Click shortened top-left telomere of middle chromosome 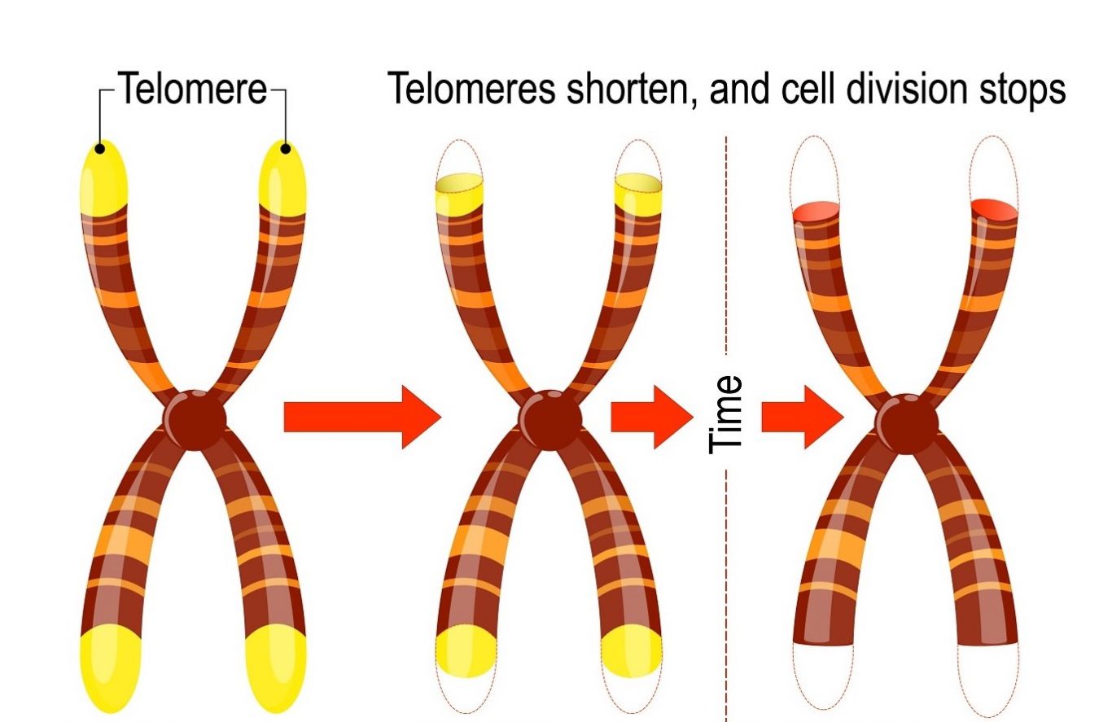click(460, 195)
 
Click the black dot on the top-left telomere click(100, 148)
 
